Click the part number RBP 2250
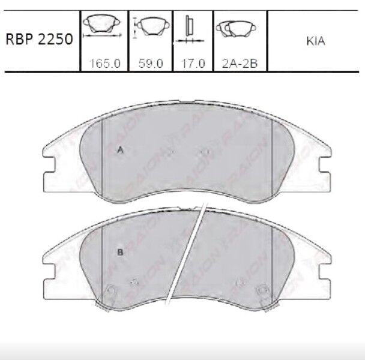pos(39,39)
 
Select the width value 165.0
pos(105,63)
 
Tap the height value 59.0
pos(151,63)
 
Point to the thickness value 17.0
pos(193,63)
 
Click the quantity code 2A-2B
pos(240,63)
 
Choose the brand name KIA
pos(316,41)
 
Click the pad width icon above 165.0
pos(102,26)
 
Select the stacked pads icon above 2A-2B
pos(236,29)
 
